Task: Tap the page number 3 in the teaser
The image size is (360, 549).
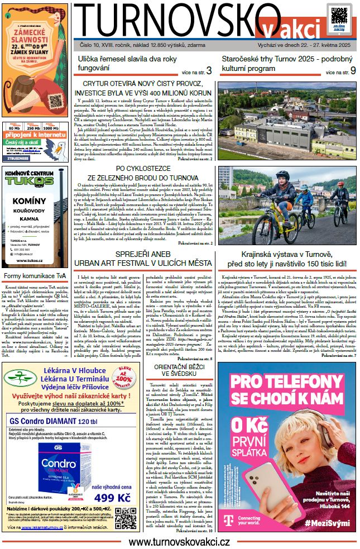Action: (209, 71)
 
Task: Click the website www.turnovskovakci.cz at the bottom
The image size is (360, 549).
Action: (180, 541)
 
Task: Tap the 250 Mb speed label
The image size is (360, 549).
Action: (35, 128)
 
